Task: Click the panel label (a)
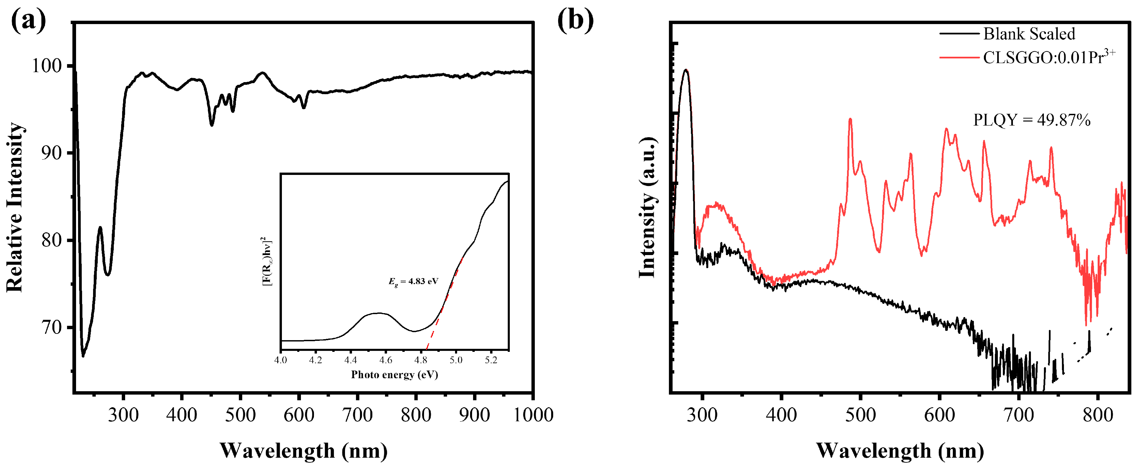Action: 28,21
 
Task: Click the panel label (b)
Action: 575,21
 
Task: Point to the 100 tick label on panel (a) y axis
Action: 47,66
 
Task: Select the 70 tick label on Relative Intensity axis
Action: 52,328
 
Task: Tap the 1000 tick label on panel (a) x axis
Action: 533,415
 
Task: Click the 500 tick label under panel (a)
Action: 240,415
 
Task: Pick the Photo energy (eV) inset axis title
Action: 394,375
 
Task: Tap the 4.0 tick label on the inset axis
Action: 281,360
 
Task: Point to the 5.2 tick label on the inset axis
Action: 491,360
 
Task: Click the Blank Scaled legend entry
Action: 1029,34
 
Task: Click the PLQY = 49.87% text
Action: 1032,120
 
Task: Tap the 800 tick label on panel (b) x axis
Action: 1097,415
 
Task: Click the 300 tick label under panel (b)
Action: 702,415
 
